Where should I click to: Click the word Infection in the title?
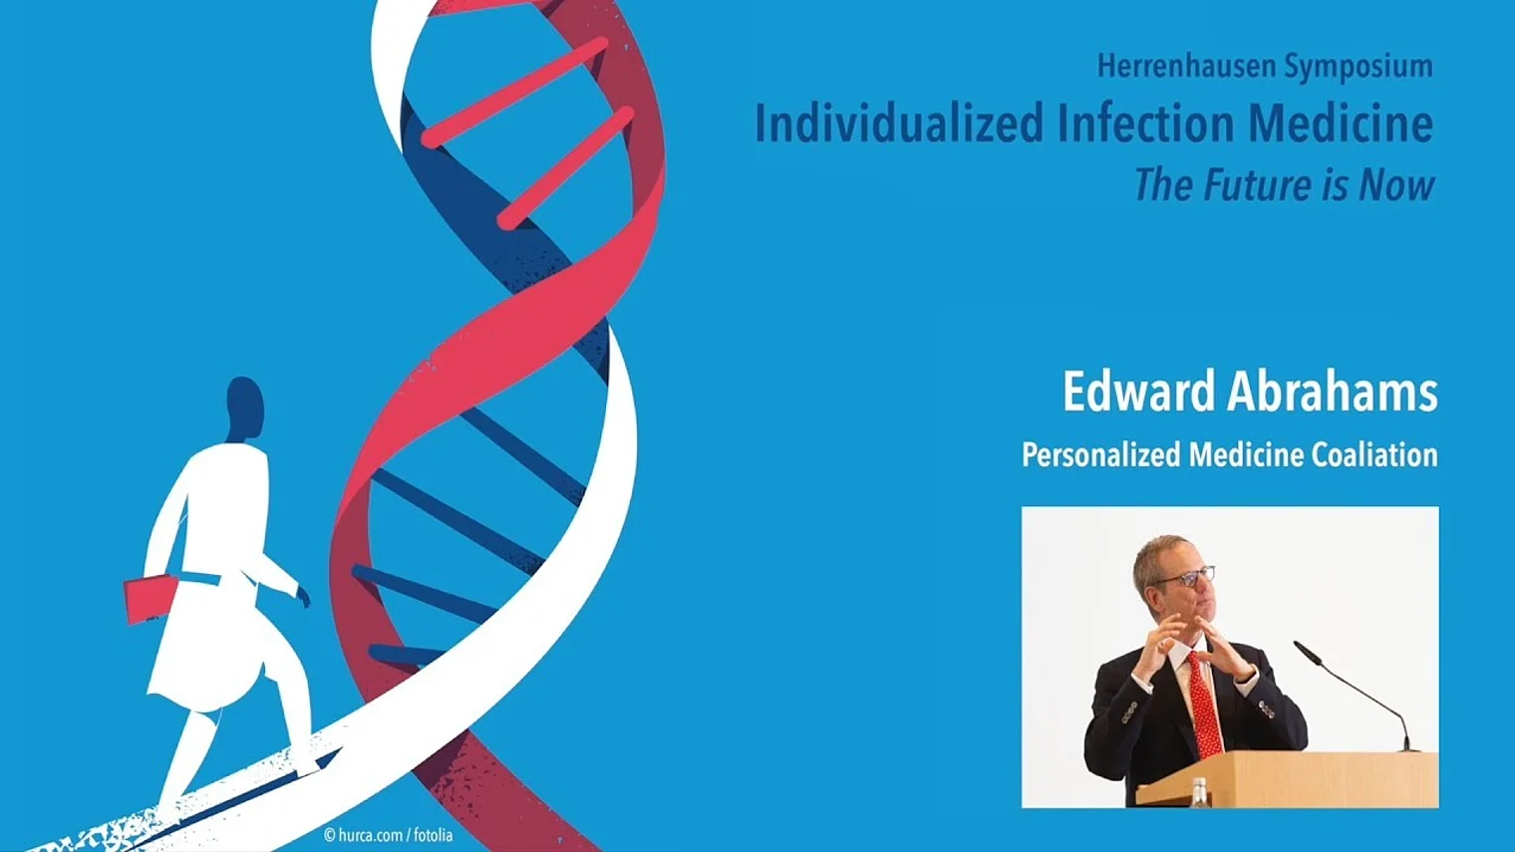pyautogui.click(x=1145, y=124)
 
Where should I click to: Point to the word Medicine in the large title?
pyautogui.click(x=1340, y=124)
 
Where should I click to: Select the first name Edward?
pyautogui.click(x=1138, y=392)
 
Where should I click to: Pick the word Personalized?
pyautogui.click(x=1101, y=454)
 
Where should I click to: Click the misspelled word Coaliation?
pyautogui.click(x=1374, y=454)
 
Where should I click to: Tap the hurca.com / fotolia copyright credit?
pyautogui.click(x=389, y=835)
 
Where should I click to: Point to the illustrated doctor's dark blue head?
pyautogui.click(x=244, y=410)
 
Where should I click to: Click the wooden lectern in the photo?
pyautogui.click(x=1289, y=779)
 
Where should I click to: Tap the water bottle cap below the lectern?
pyautogui.click(x=1199, y=783)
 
